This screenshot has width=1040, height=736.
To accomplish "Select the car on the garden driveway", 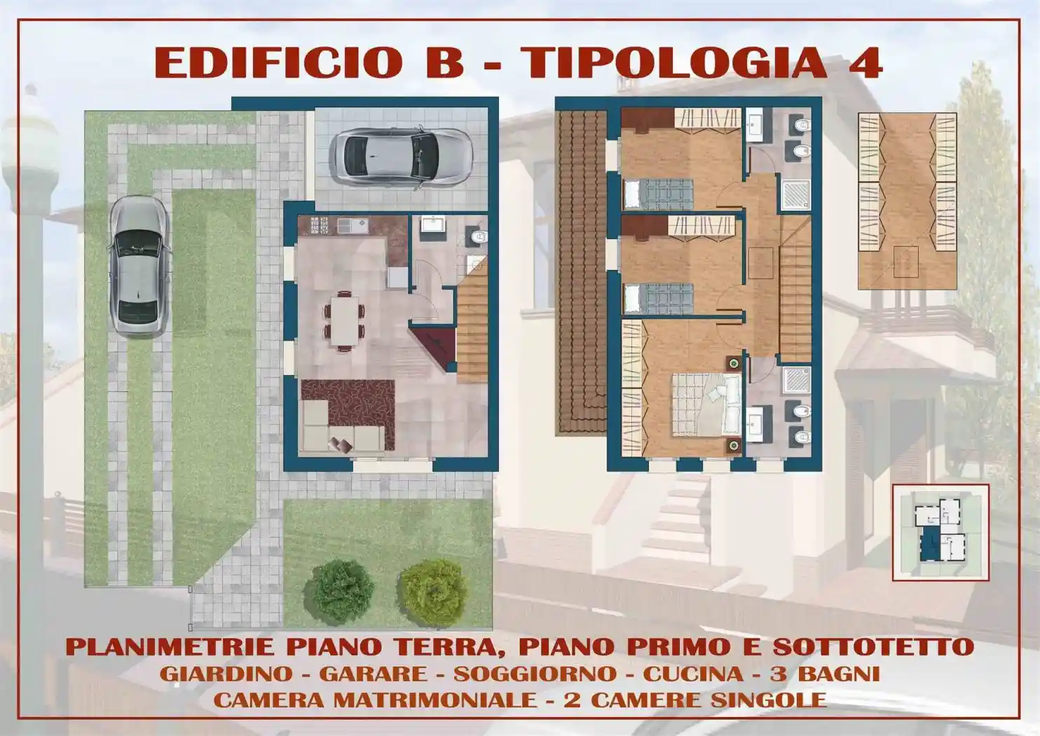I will click(138, 266).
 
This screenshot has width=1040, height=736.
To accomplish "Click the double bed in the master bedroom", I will click(706, 404).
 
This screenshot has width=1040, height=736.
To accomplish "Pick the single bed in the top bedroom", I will click(657, 193).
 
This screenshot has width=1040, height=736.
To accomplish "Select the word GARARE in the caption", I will click(373, 674).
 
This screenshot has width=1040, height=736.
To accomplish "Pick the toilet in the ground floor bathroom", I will click(478, 236).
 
